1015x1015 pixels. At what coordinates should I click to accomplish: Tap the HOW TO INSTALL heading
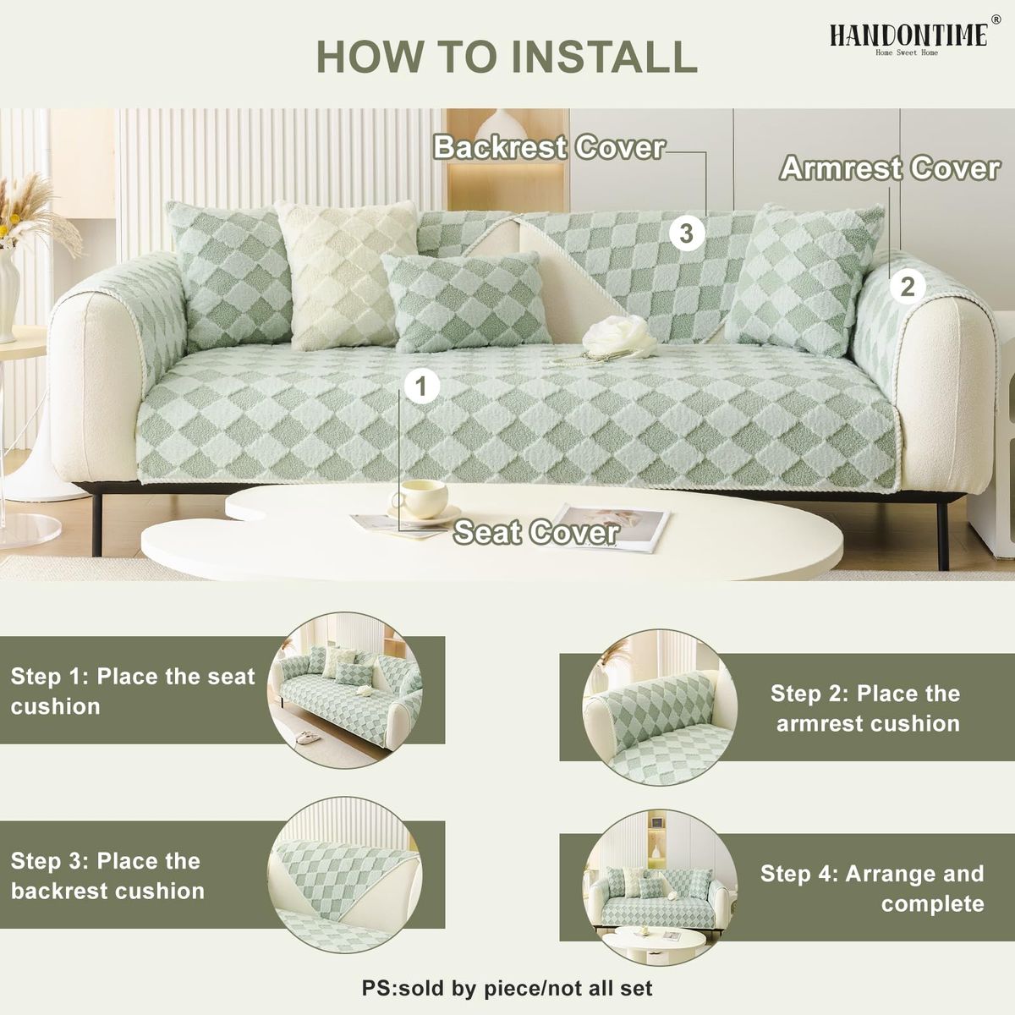point(507,57)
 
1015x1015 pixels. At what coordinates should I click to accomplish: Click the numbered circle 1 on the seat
point(422,387)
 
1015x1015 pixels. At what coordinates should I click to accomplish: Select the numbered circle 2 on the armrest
point(908,288)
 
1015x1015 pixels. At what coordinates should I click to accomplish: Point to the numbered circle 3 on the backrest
point(687,233)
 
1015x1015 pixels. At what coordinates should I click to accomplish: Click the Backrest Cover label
point(550,147)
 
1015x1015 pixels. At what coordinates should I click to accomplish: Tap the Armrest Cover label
point(890,168)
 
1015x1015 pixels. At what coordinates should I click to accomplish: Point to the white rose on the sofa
point(621,335)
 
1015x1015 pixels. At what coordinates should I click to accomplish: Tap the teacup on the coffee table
point(420,500)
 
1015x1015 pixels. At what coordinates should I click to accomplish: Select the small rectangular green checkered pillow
point(466,303)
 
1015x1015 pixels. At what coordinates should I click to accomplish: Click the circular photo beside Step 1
point(345,690)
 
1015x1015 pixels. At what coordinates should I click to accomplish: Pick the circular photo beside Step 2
point(660,707)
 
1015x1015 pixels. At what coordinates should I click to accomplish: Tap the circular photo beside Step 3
point(345,875)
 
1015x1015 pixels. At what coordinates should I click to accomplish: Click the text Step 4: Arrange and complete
point(872,889)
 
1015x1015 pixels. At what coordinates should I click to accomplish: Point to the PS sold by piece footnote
point(507,988)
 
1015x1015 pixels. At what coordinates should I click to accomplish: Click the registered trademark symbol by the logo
point(996,19)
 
